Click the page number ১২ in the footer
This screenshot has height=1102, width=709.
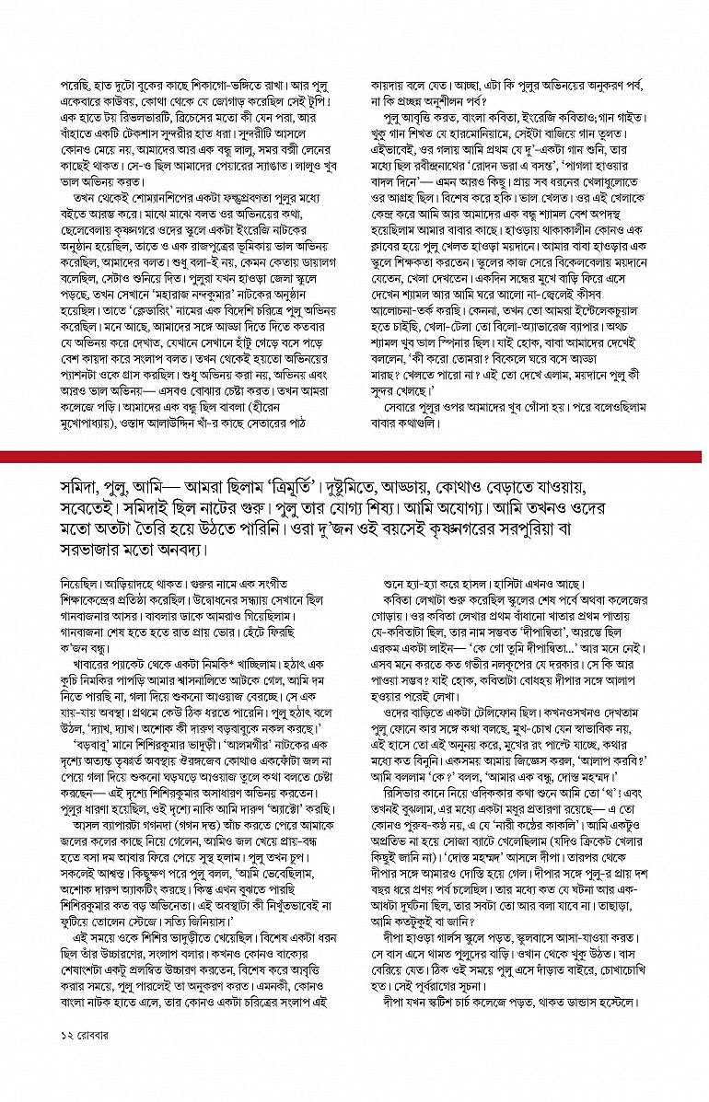(56, 1060)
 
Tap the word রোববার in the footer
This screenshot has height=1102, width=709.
(88, 1060)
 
